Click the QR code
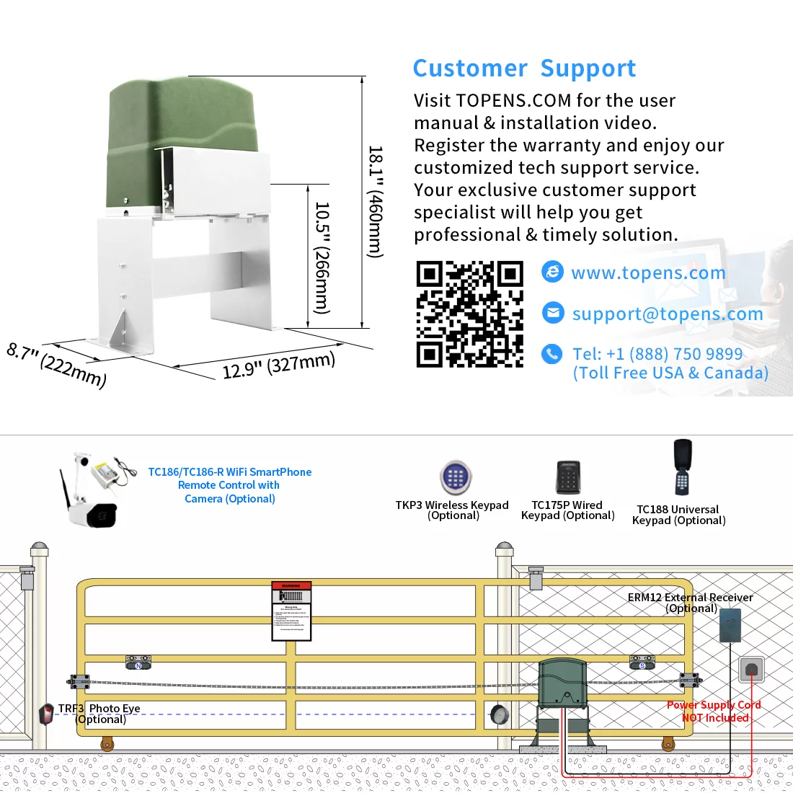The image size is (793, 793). pyautogui.click(x=469, y=314)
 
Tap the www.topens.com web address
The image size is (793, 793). pyautogui.click(x=648, y=273)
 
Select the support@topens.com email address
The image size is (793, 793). pyautogui.click(x=667, y=314)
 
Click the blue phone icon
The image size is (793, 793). pyautogui.click(x=552, y=354)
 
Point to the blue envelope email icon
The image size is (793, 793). pyautogui.click(x=552, y=313)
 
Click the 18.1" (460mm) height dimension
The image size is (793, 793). pyautogui.click(x=375, y=202)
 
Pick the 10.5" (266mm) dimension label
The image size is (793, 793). pyautogui.click(x=322, y=257)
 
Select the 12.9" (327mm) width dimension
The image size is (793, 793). pyautogui.click(x=278, y=365)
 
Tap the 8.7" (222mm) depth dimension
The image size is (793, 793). pyautogui.click(x=56, y=365)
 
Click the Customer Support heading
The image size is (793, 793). pyautogui.click(x=524, y=68)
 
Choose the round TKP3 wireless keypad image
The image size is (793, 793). pyautogui.click(x=455, y=477)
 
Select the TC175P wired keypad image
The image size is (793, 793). pyautogui.click(x=568, y=478)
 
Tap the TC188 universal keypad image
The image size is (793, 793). pyautogui.click(x=682, y=466)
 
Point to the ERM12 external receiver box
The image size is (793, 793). pyautogui.click(x=730, y=625)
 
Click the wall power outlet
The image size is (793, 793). pyautogui.click(x=750, y=670)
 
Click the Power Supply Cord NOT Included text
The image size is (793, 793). pyautogui.click(x=714, y=712)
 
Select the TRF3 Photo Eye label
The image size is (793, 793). pyautogui.click(x=100, y=714)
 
